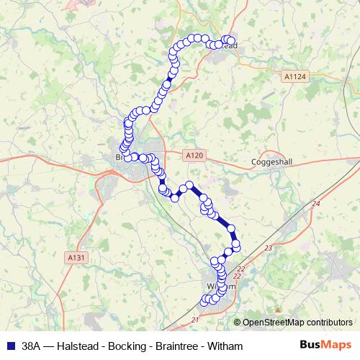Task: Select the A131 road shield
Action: pyautogui.click(x=75, y=256)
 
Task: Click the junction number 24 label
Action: pyautogui.click(x=315, y=204)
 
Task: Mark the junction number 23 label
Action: pyautogui.click(x=269, y=248)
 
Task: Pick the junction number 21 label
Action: pyautogui.click(x=194, y=318)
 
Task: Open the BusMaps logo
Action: pyautogui.click(x=325, y=346)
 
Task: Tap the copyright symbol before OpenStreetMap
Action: pyautogui.click(x=238, y=323)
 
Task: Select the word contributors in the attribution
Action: pyautogui.click(x=332, y=323)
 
